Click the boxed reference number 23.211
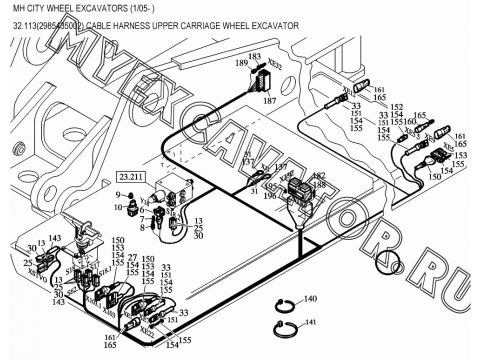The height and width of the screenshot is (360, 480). click(129, 176)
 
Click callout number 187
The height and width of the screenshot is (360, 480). click(270, 101)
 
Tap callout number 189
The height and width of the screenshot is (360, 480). click(242, 63)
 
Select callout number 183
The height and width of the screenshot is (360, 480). click(254, 56)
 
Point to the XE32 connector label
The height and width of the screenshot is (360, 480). click(275, 65)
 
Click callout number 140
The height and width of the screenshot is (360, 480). click(310, 299)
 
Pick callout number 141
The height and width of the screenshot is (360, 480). click(310, 323)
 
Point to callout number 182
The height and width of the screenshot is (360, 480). click(319, 175)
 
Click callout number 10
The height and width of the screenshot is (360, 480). click(118, 207)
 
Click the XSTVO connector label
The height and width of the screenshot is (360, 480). click(36, 277)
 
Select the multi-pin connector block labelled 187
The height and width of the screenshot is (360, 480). click(262, 80)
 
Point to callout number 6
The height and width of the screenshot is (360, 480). click(141, 210)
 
